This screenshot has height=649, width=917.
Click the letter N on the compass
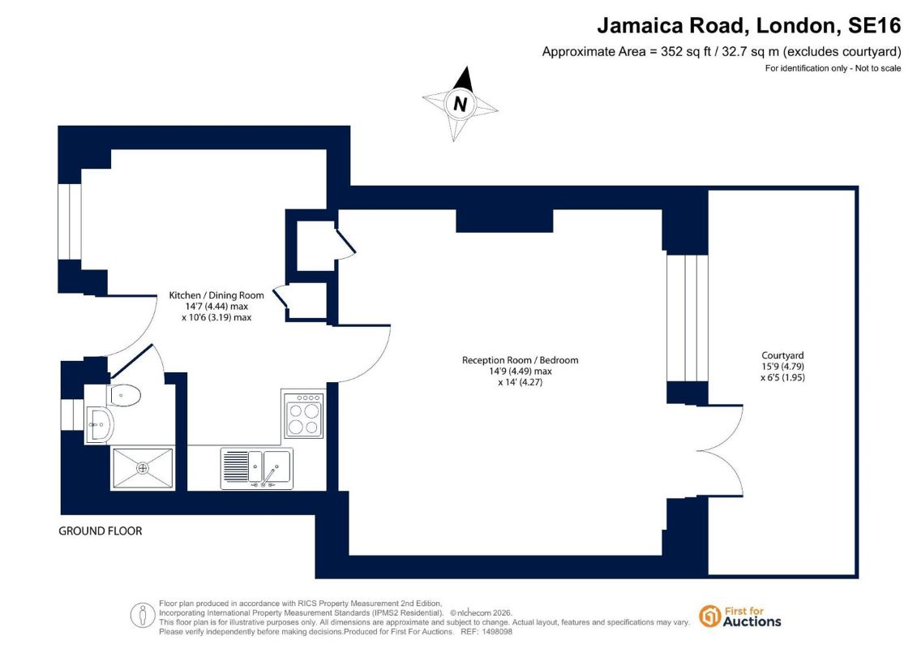point(461,104)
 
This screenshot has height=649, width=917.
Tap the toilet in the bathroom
point(125,395)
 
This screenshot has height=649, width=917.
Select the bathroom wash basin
point(100,423)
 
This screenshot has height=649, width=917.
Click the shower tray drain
point(143,468)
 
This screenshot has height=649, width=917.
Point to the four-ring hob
point(303,415)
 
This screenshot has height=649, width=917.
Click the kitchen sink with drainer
point(257,468)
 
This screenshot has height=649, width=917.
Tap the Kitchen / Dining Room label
point(216,295)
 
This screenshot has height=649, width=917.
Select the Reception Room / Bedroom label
point(520,360)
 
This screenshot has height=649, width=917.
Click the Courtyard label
point(782,355)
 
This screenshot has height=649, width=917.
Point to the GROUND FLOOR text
point(100,531)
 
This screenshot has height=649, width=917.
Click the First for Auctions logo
point(740,617)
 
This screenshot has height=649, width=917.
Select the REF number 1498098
point(495,632)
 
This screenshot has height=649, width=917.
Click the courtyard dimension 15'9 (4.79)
point(782,367)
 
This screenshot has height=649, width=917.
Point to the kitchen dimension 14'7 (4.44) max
point(216,306)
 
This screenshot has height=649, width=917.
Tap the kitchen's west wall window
point(70,221)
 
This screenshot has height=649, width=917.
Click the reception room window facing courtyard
point(688,318)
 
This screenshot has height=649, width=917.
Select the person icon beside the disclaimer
point(142,616)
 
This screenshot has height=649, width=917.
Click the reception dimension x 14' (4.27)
point(520,382)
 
